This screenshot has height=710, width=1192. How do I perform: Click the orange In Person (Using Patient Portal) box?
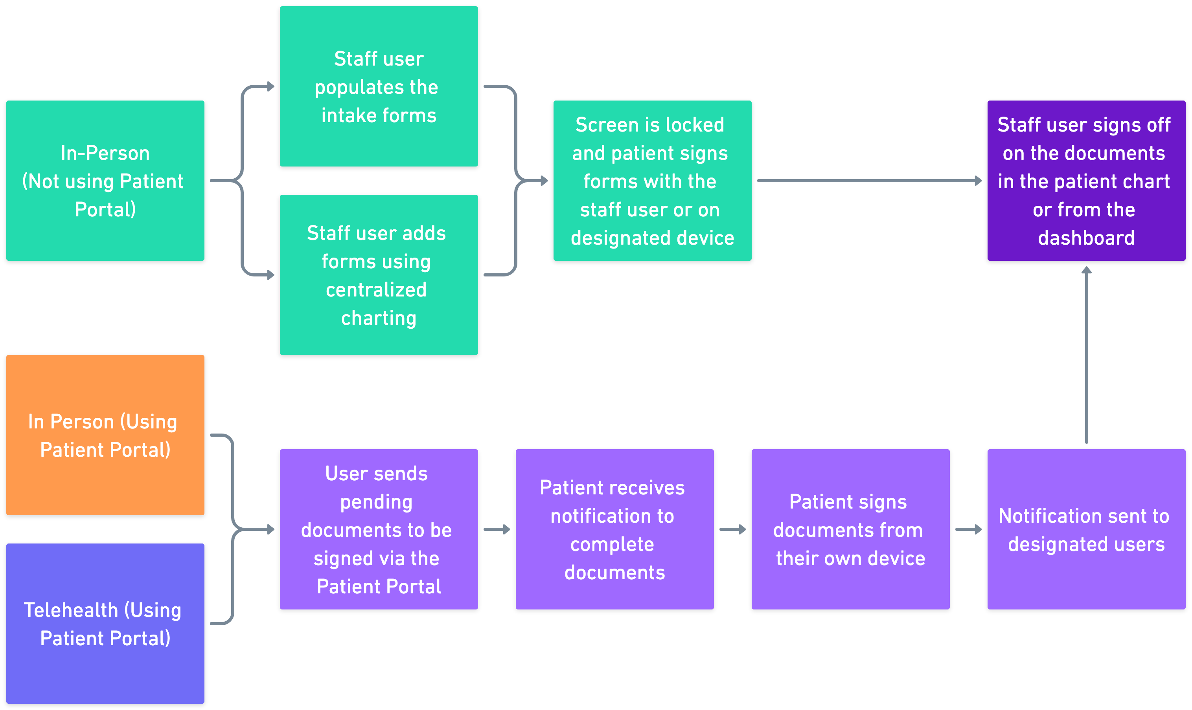[105, 435]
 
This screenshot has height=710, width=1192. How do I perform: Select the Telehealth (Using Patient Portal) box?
[105, 623]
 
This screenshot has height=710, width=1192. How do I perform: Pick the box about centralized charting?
[378, 274]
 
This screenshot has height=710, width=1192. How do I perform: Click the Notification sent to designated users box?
[1086, 529]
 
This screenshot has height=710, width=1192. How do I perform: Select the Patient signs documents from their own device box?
[850, 529]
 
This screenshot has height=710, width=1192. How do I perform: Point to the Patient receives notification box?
[614, 529]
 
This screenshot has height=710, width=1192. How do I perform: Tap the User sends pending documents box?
[378, 529]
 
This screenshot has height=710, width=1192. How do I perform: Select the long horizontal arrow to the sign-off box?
[869, 181]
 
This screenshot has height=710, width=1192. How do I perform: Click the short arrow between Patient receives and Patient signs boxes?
[732, 529]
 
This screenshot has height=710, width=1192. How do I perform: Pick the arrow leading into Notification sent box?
[968, 529]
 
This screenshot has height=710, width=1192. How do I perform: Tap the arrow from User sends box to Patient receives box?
[497, 529]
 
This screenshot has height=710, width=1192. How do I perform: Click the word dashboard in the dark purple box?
[1086, 238]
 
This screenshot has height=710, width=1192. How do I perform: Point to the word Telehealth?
[71, 610]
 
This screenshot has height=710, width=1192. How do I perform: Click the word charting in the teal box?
[378, 318]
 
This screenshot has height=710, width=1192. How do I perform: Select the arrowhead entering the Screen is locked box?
[544, 181]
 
